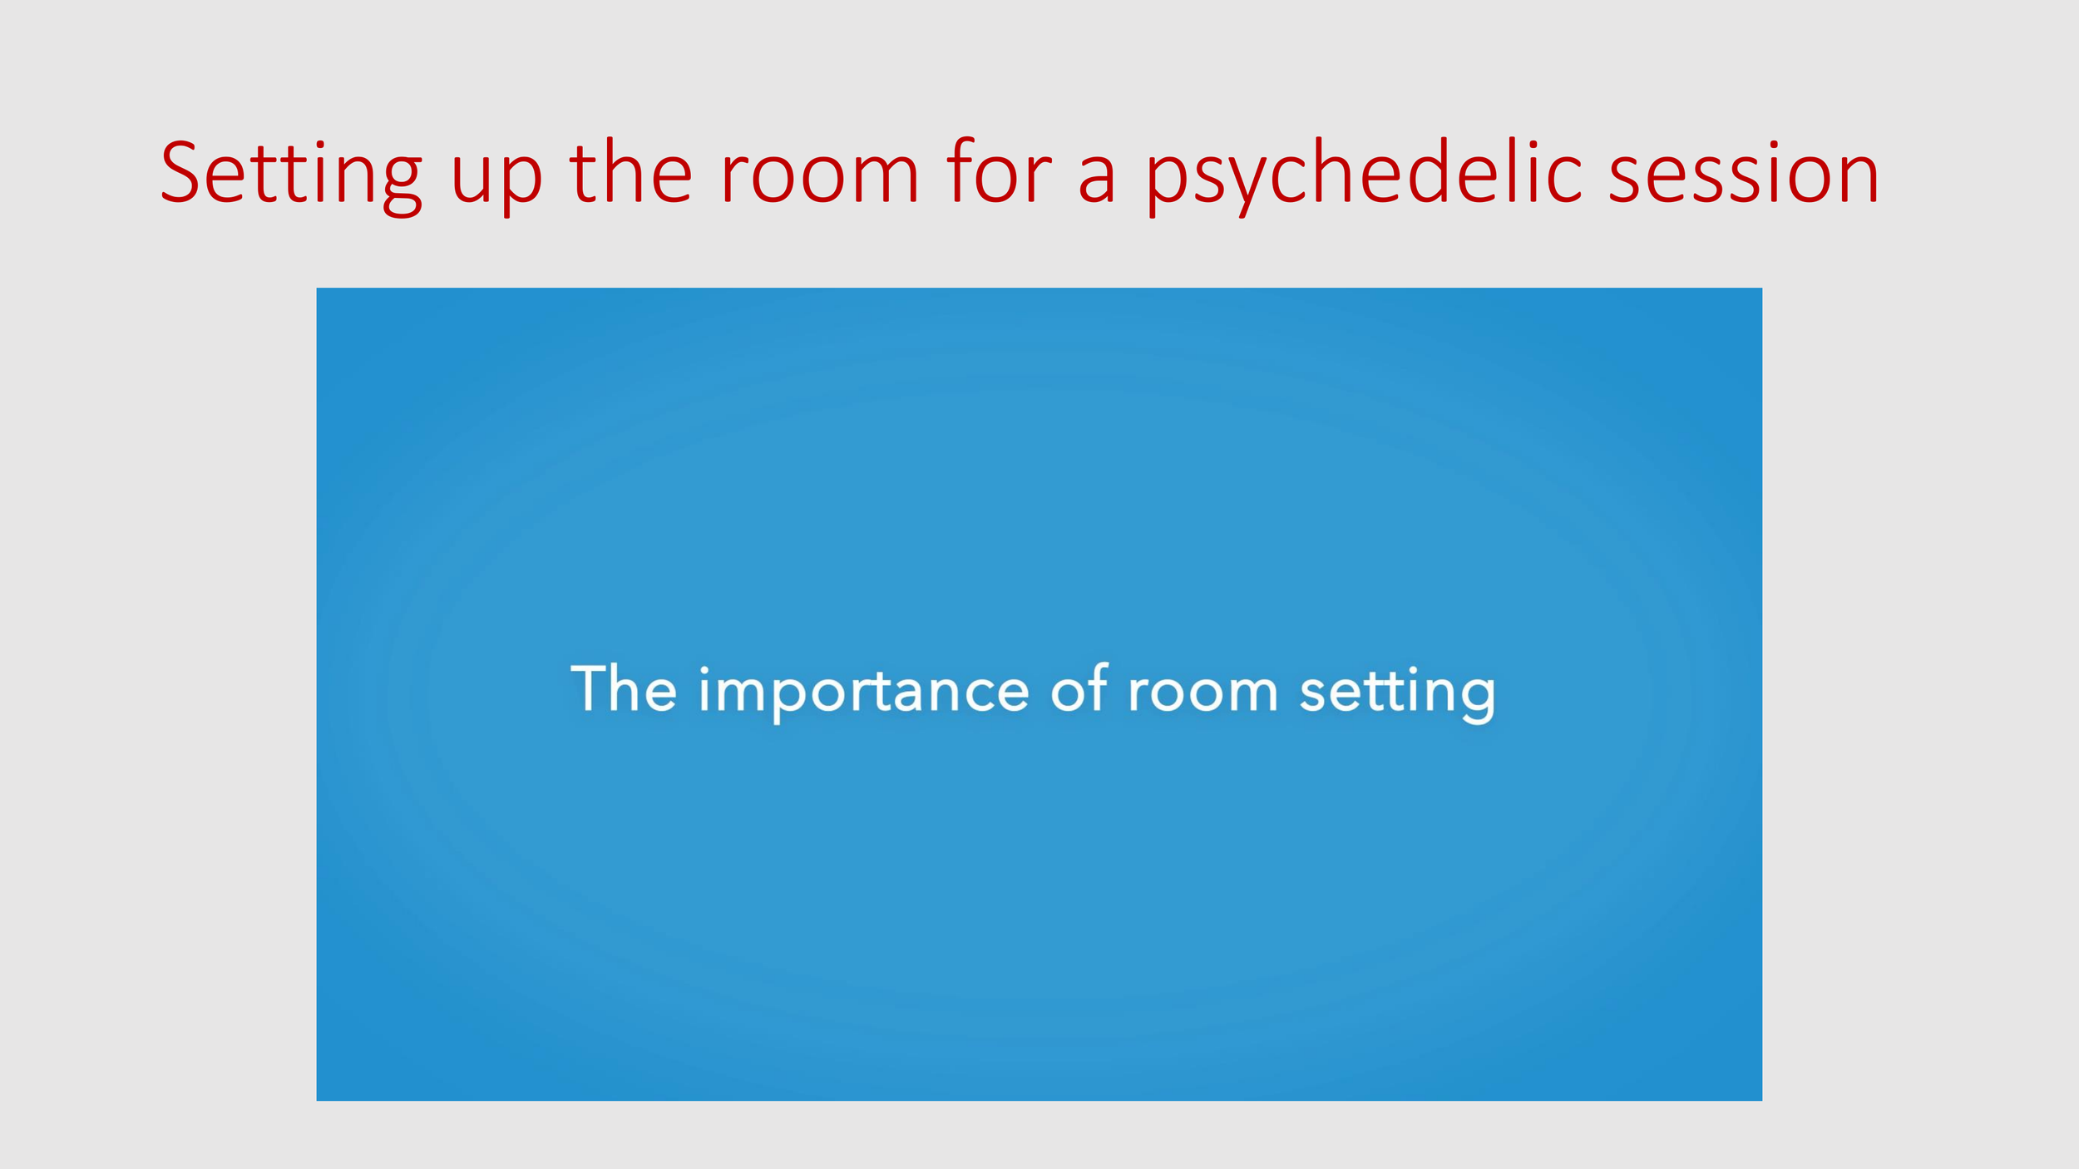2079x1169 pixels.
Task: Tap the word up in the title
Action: point(496,179)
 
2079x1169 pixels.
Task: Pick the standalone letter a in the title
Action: point(1097,179)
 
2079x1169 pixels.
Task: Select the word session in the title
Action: point(1743,175)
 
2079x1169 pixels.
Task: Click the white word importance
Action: point(864,692)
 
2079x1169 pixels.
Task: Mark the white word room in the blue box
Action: point(1202,692)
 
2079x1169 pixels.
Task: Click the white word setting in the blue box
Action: point(1398,692)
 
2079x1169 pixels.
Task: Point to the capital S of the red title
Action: point(180,173)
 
